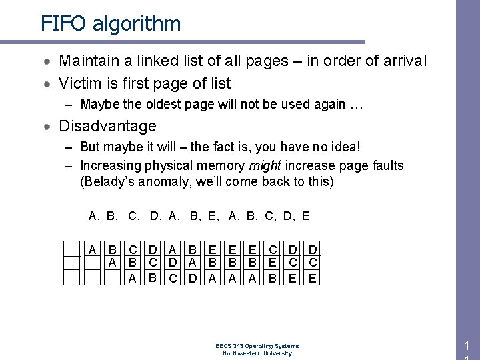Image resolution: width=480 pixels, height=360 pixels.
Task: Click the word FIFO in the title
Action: [63, 24]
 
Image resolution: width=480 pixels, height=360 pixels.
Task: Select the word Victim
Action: [80, 83]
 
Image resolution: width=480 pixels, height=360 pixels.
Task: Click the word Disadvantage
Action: [107, 126]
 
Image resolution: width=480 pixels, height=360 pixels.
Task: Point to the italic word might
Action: [265, 165]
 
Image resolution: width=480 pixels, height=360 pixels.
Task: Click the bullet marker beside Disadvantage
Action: [49, 126]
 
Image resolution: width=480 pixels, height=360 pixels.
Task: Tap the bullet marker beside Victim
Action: [49, 84]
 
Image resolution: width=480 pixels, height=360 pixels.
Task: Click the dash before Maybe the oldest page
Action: [69, 104]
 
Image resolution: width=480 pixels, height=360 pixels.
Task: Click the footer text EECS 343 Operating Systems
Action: [257, 346]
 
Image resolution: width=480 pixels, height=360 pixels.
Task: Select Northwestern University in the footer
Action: [257, 353]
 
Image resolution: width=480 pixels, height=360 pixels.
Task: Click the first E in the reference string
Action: [211, 216]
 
